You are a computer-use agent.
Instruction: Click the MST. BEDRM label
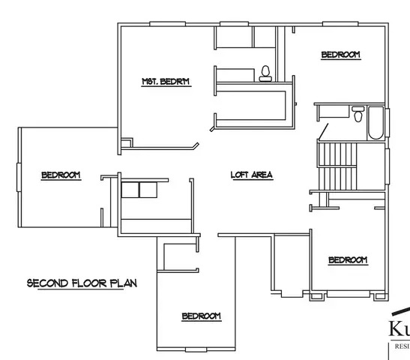(166, 81)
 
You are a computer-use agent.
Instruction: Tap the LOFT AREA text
(251, 175)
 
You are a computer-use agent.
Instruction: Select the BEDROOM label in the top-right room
(340, 55)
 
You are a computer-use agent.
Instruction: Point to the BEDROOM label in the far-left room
(61, 175)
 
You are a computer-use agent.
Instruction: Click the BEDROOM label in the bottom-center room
(202, 316)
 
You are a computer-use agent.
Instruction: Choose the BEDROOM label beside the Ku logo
(348, 259)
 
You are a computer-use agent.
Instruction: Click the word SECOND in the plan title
(47, 283)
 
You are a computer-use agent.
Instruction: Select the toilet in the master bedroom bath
(265, 73)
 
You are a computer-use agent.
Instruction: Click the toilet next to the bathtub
(358, 116)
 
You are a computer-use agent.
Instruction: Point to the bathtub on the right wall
(375, 124)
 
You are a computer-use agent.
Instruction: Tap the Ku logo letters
(399, 328)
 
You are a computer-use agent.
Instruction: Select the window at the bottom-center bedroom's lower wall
(196, 350)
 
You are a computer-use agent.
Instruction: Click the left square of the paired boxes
(130, 188)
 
